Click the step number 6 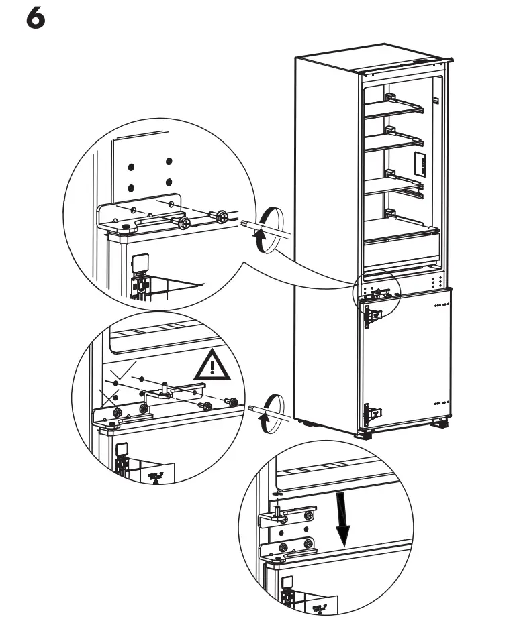click(36, 19)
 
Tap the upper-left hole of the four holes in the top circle click(132, 166)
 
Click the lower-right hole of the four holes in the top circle click(169, 182)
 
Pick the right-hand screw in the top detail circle click(219, 216)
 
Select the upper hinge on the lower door click(372, 316)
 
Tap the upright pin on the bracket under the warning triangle click(165, 388)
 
